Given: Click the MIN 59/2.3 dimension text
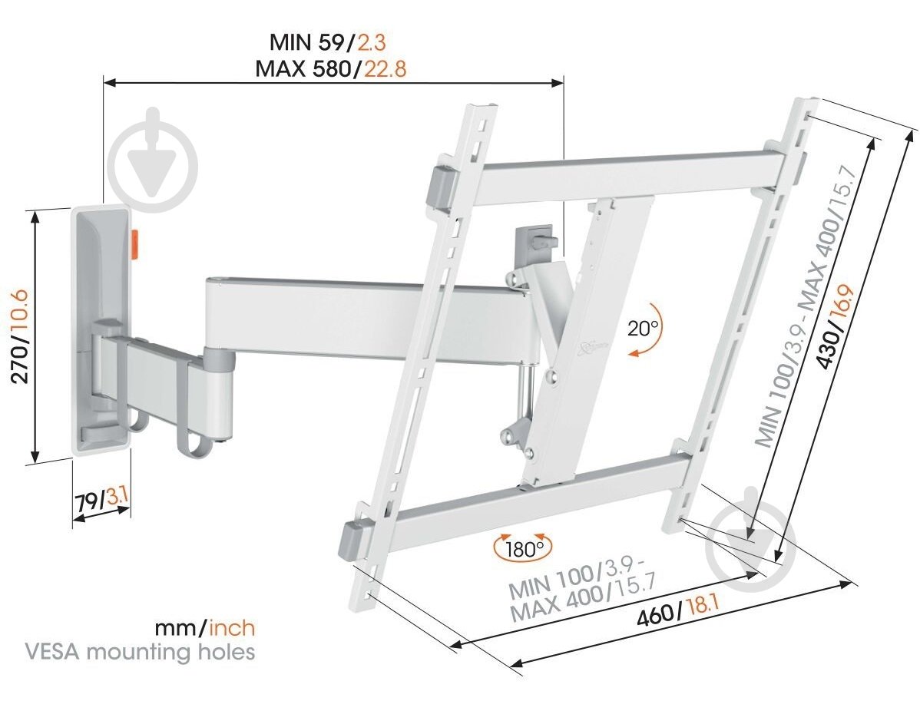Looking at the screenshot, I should point(332,41).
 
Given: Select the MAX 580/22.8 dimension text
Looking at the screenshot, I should point(332,69).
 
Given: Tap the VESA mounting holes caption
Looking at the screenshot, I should point(140,653).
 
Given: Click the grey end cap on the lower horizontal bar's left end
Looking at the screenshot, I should point(356,537).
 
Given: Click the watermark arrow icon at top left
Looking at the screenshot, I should point(154,161).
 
